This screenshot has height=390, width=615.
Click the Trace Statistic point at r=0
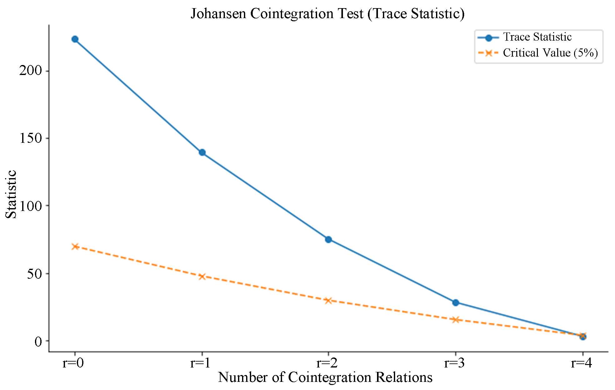click(75, 39)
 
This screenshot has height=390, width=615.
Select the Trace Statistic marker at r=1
click(202, 152)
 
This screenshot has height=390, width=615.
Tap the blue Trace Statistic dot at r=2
click(328, 239)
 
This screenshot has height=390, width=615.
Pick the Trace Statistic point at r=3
click(455, 302)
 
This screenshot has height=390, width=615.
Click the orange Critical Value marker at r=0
click(75, 246)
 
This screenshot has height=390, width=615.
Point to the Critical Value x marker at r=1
click(202, 276)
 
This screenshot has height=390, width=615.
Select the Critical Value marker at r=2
click(328, 301)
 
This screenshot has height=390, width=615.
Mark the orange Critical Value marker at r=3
click(455, 319)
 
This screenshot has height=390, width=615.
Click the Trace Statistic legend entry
click(537, 37)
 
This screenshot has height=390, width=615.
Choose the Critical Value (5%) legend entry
click(550, 53)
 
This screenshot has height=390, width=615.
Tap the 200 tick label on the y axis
click(30, 71)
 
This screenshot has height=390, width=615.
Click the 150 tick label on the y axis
click(30, 138)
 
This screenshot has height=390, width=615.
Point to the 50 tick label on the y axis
click(34, 274)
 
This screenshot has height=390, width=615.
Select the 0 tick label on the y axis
click(38, 341)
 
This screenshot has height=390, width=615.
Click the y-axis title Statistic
click(12, 194)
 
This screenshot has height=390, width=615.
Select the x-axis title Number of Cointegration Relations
click(325, 377)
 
